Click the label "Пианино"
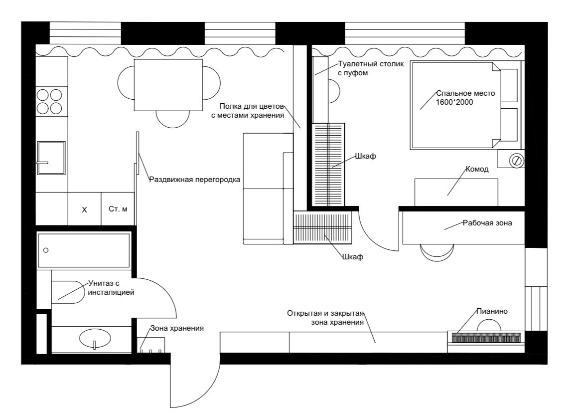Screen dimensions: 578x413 point(492,311)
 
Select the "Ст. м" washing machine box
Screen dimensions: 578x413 point(118,208)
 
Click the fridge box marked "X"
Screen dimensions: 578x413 point(84,208)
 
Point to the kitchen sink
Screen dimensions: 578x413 point(51,158)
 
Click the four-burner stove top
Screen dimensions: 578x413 point(49,101)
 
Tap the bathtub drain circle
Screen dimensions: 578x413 point(46,250)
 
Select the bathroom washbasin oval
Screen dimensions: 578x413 point(95,338)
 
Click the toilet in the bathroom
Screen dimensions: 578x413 point(69,292)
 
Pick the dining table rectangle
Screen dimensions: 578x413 point(168,85)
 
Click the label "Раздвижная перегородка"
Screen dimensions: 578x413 point(195,180)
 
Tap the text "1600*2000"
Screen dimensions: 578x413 point(454,102)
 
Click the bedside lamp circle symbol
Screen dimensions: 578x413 point(516,161)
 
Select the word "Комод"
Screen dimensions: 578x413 point(477,169)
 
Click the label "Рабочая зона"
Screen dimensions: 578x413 point(487,223)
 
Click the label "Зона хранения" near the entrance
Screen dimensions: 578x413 point(177,328)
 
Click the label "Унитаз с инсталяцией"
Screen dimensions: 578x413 point(111,288)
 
